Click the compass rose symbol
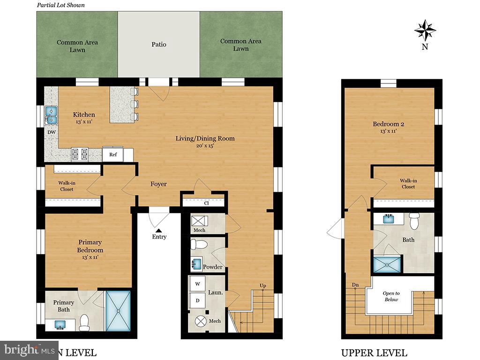click(425, 30)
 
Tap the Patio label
click(159, 45)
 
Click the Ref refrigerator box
click(113, 155)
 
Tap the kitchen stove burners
click(80, 154)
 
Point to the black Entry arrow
click(158, 230)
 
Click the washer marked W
click(197, 284)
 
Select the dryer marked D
click(197, 300)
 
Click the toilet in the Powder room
click(199, 245)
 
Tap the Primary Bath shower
click(119, 311)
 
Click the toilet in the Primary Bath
click(85, 322)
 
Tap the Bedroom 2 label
click(388, 124)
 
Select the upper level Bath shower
click(387, 264)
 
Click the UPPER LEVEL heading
click(374, 353)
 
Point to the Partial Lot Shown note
click(61, 5)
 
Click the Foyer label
click(158, 184)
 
